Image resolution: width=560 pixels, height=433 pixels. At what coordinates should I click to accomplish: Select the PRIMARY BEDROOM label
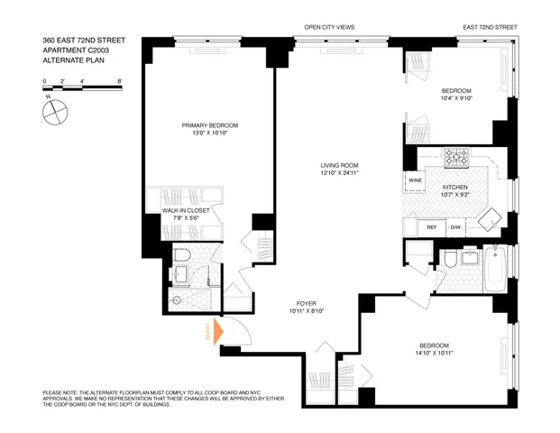point(210,125)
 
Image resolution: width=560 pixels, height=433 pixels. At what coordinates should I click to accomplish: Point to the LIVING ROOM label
point(339,166)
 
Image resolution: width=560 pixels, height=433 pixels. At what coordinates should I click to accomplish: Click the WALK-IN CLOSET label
point(186,210)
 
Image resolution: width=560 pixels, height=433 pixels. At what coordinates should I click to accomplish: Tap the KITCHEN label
point(454,187)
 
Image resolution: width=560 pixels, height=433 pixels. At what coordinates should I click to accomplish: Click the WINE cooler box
point(415,180)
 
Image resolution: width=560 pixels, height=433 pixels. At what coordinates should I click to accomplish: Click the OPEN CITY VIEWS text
point(329,28)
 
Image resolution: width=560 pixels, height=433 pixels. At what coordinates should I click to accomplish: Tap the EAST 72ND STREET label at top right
point(492,28)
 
